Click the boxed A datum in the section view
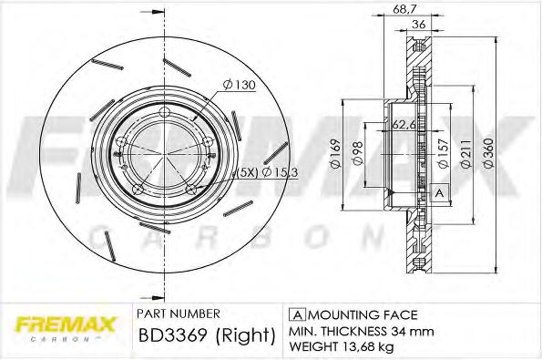click(439, 193)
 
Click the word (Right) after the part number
click(245, 334)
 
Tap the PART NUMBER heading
click(177, 311)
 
